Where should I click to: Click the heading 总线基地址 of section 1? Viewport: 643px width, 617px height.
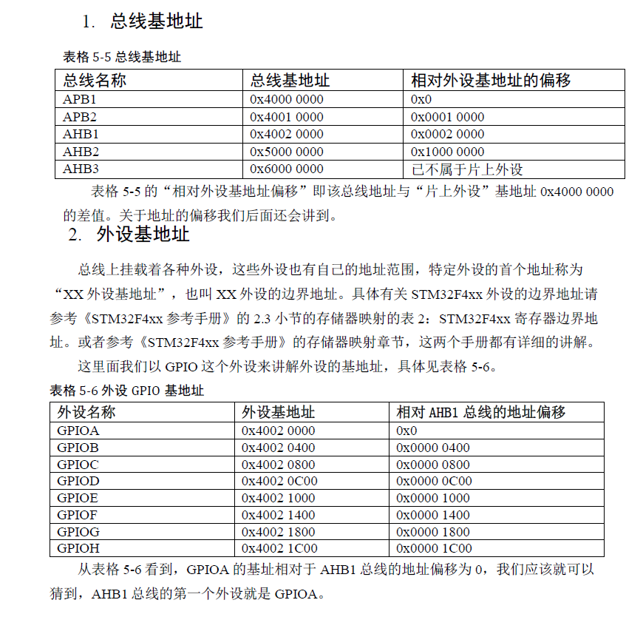(157, 21)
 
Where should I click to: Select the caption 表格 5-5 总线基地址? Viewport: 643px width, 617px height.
(122, 57)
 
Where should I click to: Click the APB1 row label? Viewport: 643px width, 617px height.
(80, 99)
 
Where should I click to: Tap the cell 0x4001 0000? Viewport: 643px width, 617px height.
(287, 117)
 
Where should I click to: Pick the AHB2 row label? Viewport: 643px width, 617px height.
(81, 152)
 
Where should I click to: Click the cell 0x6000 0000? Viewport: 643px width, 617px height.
(287, 169)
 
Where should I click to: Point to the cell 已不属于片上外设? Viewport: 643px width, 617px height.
(467, 169)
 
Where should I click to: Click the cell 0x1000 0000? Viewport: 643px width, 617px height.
(448, 152)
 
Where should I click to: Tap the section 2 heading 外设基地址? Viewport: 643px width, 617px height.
(143, 235)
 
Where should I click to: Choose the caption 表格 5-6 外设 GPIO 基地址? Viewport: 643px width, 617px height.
(126, 391)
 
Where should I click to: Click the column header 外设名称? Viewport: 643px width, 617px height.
(86, 412)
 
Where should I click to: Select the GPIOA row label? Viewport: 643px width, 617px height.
(78, 431)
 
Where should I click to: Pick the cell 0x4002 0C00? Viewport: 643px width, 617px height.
(279, 481)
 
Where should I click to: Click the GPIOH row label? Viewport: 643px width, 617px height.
(78, 548)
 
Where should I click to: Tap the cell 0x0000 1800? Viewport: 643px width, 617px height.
(433, 531)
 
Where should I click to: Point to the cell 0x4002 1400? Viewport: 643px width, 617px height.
(279, 515)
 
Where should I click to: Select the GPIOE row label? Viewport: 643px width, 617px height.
(77, 498)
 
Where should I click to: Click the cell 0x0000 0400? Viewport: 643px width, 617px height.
(433, 448)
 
